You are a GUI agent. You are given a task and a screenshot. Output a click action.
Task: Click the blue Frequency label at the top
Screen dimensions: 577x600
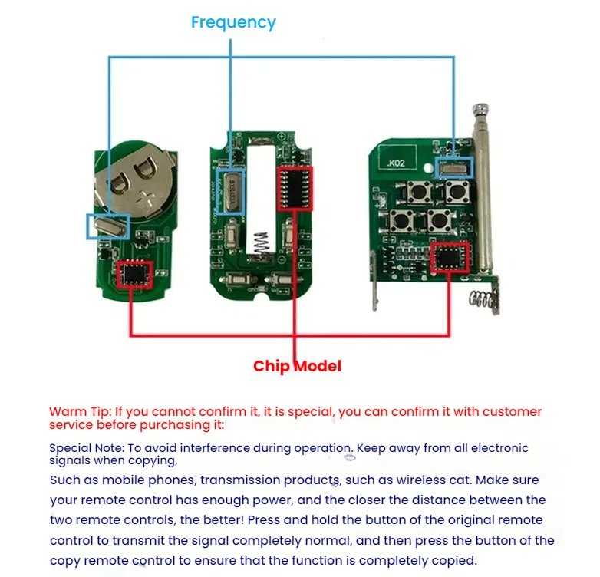[x=233, y=22]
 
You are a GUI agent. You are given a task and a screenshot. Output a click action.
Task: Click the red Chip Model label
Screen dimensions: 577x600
[x=297, y=366]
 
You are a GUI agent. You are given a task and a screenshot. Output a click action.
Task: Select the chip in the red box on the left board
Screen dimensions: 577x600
[x=134, y=274]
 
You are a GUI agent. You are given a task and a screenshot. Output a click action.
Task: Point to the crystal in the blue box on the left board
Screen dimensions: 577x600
[x=108, y=226]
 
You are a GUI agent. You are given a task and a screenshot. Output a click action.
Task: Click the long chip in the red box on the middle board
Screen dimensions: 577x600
[x=295, y=188]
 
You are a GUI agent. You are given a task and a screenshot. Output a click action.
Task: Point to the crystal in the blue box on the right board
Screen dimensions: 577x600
[x=455, y=168]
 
